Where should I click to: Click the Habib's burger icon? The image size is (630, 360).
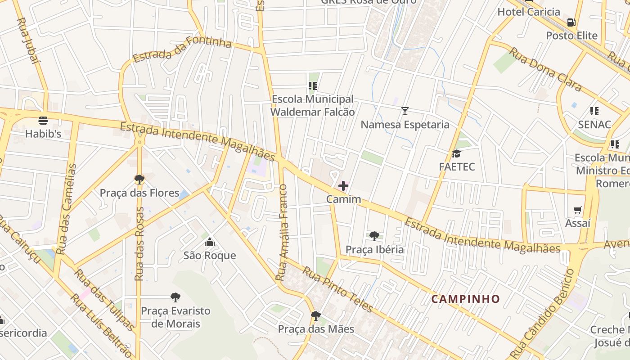point(43,121)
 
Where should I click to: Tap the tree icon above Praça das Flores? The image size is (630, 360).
point(139,180)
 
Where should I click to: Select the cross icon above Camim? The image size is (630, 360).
point(343,186)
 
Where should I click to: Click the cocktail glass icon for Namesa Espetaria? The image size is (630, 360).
point(405,111)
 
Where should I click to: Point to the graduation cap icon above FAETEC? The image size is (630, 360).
point(457,154)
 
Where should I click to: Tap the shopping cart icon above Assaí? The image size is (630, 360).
point(578,210)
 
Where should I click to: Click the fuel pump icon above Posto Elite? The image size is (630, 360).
point(571,22)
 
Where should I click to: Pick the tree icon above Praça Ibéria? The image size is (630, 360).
point(374,236)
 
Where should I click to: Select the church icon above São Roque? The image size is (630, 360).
point(210,243)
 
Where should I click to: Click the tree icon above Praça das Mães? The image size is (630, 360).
point(316,316)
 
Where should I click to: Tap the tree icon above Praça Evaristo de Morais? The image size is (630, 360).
point(175,297)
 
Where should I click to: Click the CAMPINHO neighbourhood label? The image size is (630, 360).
point(465,299)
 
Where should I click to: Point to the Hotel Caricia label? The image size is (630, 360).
point(529,12)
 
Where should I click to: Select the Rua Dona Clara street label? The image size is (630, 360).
point(545,70)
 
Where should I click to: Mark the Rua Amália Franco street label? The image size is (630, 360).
point(282,232)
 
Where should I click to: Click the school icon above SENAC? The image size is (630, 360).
point(594,111)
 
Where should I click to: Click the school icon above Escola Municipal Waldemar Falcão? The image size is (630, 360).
point(313,86)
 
